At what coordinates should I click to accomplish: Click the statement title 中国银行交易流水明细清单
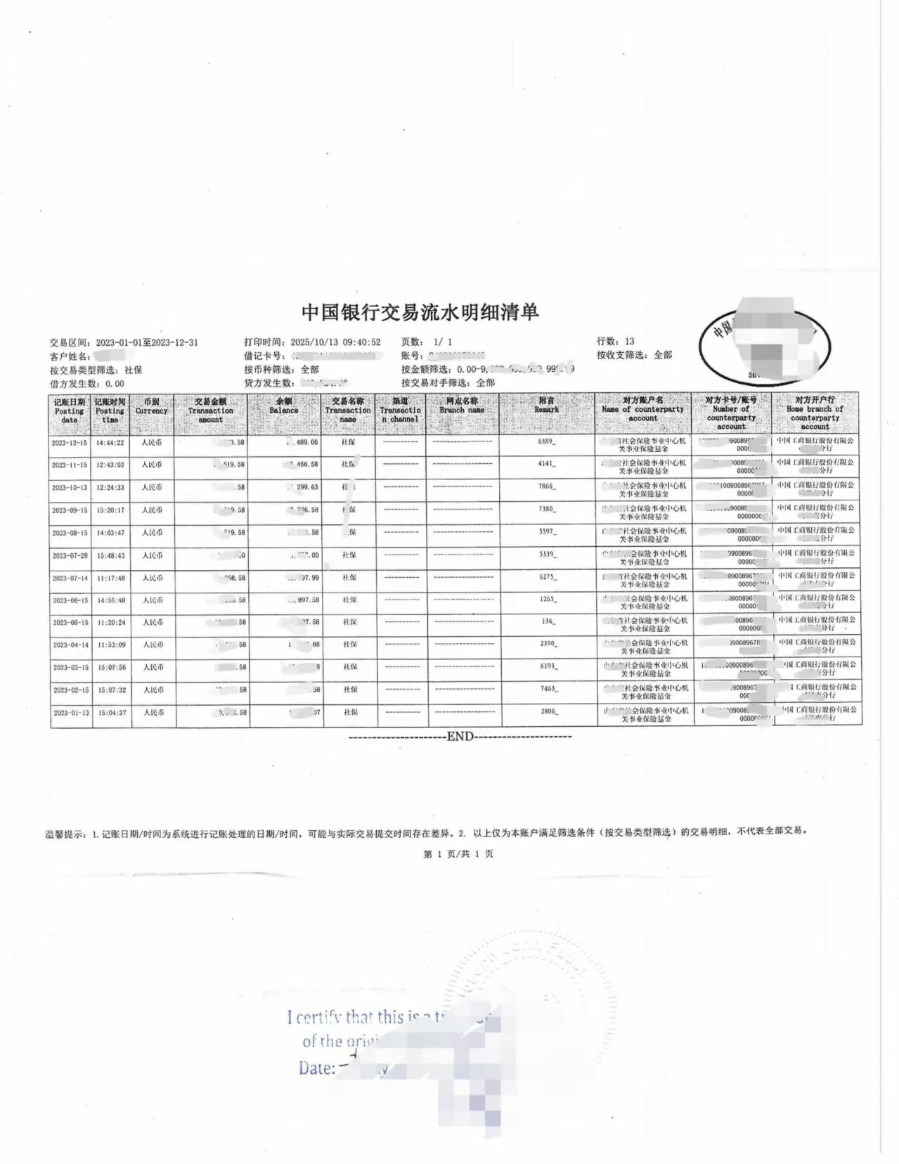click(x=420, y=312)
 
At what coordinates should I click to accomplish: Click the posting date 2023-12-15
click(x=69, y=443)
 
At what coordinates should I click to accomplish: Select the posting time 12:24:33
click(x=110, y=488)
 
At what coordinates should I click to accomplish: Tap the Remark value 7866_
click(x=546, y=486)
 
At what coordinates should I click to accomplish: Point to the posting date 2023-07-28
click(x=70, y=555)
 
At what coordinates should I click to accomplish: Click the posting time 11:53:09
click(x=111, y=645)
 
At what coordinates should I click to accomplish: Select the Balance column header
click(x=283, y=406)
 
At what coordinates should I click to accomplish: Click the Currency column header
click(x=151, y=406)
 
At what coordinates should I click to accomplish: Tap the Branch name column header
click(x=462, y=406)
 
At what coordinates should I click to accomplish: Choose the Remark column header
click(x=546, y=406)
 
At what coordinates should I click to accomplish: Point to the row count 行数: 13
click(x=615, y=342)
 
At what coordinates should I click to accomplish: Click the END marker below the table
click(x=460, y=737)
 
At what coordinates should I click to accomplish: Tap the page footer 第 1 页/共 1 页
click(x=458, y=854)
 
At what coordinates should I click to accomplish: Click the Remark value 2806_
click(x=548, y=711)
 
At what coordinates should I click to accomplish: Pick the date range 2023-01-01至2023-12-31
click(x=147, y=342)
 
